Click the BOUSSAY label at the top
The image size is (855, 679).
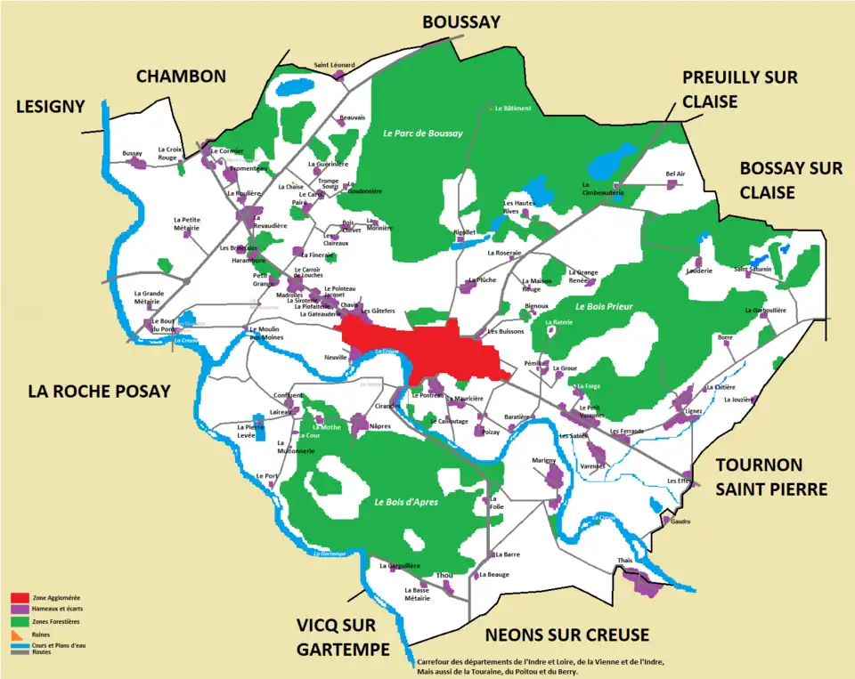(x=461, y=21)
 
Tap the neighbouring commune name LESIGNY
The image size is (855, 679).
(x=51, y=107)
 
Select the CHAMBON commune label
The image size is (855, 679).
(x=181, y=77)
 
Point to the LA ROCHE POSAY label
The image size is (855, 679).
(x=99, y=391)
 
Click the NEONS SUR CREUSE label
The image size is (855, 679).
(x=566, y=635)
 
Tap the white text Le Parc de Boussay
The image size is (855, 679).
(x=423, y=133)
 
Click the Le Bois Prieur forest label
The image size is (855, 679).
(x=604, y=307)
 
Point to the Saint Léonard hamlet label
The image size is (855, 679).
(x=334, y=65)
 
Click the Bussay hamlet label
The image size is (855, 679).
(x=133, y=153)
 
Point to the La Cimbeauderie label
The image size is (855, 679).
(x=603, y=191)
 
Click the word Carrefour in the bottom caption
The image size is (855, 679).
(x=434, y=662)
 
